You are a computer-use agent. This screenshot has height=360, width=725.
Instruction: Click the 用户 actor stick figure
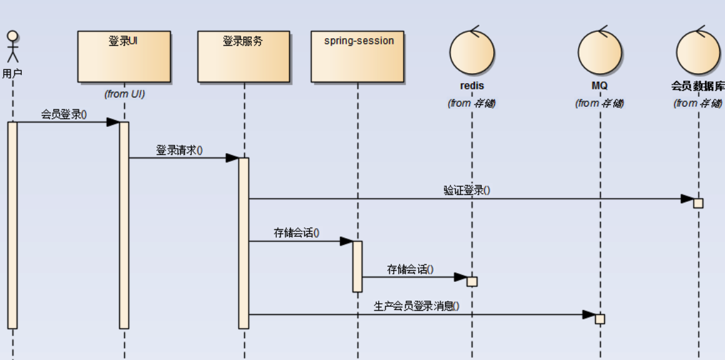point(12,47)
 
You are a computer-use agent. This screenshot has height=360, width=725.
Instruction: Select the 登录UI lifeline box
point(124,57)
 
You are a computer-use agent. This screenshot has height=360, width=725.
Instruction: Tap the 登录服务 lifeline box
point(244,57)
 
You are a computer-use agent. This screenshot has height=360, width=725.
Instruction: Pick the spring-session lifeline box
point(357,57)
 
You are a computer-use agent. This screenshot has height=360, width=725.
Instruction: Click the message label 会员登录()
point(64,114)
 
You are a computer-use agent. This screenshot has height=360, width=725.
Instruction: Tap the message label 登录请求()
point(179,151)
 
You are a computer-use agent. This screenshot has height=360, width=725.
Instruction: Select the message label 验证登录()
point(467,191)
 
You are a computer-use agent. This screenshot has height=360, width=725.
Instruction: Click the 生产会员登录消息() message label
point(416,306)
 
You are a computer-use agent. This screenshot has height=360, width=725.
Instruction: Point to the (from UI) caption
point(124,94)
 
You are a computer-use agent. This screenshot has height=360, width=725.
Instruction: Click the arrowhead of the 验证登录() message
point(687,199)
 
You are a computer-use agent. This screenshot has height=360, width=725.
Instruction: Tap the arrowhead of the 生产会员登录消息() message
point(588,314)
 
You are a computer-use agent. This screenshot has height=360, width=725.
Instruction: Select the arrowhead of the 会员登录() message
point(112,122)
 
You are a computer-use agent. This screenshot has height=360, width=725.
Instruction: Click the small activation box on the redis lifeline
point(472,281)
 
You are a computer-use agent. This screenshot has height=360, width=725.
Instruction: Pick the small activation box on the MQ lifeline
point(600,319)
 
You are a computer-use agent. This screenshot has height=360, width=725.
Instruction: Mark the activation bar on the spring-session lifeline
point(357,266)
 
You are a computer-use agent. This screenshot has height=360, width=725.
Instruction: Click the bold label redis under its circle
point(472,86)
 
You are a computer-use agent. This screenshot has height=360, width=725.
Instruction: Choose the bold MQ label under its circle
point(600,86)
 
